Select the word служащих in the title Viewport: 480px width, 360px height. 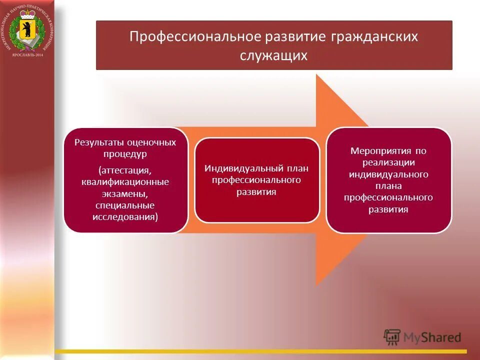point(274,55)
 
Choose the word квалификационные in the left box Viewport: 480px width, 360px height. point(125,182)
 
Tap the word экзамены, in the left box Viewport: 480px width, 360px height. point(125,194)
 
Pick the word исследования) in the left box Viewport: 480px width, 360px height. point(125,217)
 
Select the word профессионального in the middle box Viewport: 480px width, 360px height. point(256,180)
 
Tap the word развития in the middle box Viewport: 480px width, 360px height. point(256,192)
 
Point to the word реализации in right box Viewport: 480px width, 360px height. point(388,162)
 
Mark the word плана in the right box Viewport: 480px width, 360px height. point(388,186)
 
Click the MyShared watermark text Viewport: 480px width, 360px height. point(433,337)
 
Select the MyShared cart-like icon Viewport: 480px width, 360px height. point(392,337)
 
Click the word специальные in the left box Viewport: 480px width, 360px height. point(125,205)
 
